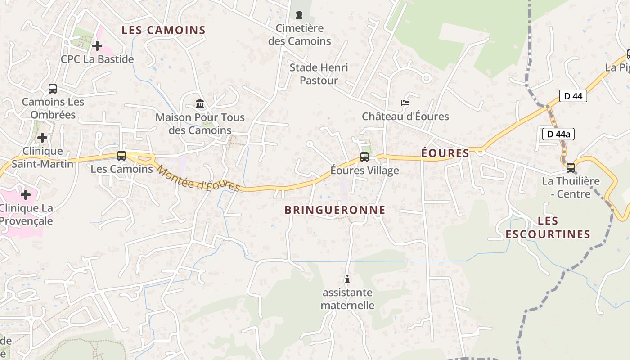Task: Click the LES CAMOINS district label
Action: click(x=164, y=31)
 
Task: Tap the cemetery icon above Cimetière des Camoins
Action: click(x=299, y=15)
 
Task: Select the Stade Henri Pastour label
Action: click(x=319, y=74)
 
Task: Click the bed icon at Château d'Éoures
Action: click(x=405, y=103)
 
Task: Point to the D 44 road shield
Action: click(x=573, y=96)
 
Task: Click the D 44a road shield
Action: click(x=558, y=134)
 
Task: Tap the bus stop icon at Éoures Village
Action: click(x=364, y=157)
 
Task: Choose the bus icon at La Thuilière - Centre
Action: click(x=571, y=168)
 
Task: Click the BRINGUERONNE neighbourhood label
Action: click(x=335, y=210)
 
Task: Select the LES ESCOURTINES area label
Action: click(x=548, y=228)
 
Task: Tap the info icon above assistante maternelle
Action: click(x=347, y=279)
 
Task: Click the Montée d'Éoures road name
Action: click(x=198, y=178)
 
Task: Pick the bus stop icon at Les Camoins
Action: click(x=121, y=156)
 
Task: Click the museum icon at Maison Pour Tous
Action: click(x=200, y=104)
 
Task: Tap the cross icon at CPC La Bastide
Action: click(x=97, y=46)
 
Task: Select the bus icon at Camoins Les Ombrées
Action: click(x=53, y=89)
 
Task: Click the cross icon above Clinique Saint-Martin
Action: click(x=42, y=138)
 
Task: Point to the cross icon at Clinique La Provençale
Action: click(x=26, y=195)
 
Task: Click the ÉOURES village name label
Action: click(x=445, y=153)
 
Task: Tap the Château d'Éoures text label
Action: click(x=405, y=117)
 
